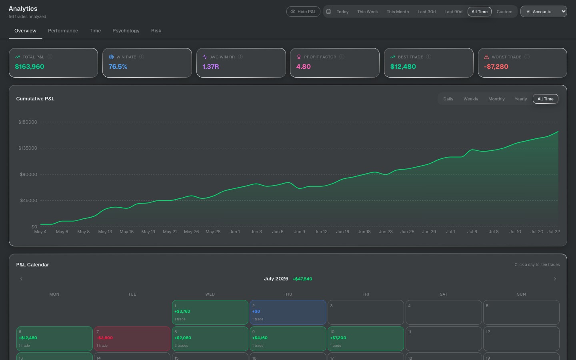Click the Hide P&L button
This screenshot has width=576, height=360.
(303, 12)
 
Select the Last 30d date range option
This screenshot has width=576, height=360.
(426, 12)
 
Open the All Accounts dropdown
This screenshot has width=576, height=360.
(544, 12)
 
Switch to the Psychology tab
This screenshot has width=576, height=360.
(126, 30)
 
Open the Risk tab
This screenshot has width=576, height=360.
(156, 30)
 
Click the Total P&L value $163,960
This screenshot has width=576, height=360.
(30, 66)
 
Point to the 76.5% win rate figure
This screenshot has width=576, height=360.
(118, 66)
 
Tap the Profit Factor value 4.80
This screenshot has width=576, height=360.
(304, 66)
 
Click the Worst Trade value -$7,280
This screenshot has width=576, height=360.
(496, 66)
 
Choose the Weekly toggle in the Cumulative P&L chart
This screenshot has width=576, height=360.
(470, 99)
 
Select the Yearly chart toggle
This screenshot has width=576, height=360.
(521, 99)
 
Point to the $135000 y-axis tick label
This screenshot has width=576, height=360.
(28, 148)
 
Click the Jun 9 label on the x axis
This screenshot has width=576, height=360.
(299, 232)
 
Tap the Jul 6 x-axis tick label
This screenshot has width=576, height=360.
(472, 232)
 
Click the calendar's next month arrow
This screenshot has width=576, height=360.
(555, 279)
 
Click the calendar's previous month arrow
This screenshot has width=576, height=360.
(21, 279)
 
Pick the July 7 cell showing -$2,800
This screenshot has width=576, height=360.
(132, 339)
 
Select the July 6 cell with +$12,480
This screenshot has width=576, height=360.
(54, 339)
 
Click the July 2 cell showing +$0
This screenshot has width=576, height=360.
(288, 312)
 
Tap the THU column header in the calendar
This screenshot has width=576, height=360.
(288, 294)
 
